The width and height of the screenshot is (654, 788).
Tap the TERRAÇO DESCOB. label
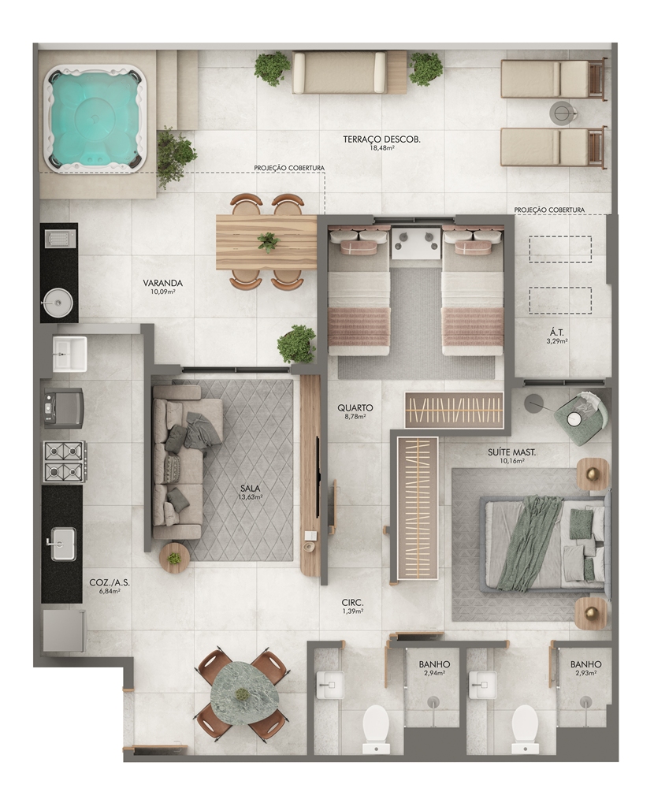point(381,139)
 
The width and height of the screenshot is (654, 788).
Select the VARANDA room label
point(162,283)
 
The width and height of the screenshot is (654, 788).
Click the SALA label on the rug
point(251,488)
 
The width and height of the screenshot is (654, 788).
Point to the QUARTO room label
point(355,408)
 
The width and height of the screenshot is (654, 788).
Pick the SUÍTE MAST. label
point(511,452)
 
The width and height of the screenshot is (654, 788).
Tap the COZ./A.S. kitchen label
point(110,583)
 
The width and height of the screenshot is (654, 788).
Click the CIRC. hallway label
point(352,602)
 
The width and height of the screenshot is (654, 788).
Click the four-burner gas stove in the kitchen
point(65,463)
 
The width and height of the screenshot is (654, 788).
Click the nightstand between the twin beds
point(416,242)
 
